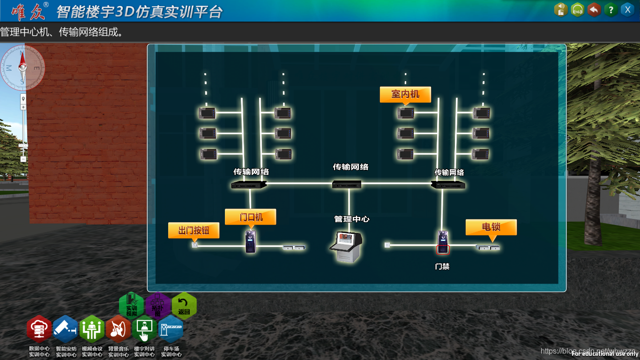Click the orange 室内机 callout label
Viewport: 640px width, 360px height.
pos(405,94)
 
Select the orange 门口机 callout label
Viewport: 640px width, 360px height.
pos(251,217)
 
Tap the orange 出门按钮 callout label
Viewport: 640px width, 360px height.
pos(193,230)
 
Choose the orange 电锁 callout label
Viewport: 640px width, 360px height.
pos(491,227)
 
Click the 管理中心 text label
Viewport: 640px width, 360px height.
pos(352,219)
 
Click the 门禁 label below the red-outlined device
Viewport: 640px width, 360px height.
pos(442,266)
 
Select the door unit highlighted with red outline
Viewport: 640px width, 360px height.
pos(443,242)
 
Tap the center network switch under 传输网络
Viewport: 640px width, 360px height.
pos(347,184)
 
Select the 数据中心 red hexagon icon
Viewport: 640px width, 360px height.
pos(39,329)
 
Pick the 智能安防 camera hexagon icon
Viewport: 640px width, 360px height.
pos(66,329)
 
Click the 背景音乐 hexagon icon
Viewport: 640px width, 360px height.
pos(118,329)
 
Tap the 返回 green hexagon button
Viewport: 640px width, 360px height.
pos(184,306)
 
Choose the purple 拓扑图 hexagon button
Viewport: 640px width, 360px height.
pos(158,306)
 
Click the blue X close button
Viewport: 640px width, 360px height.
pos(627,9)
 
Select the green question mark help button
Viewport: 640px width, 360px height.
pos(610,9)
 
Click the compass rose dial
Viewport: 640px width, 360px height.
pos(22,67)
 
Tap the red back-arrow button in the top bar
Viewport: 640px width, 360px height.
pos(594,9)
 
